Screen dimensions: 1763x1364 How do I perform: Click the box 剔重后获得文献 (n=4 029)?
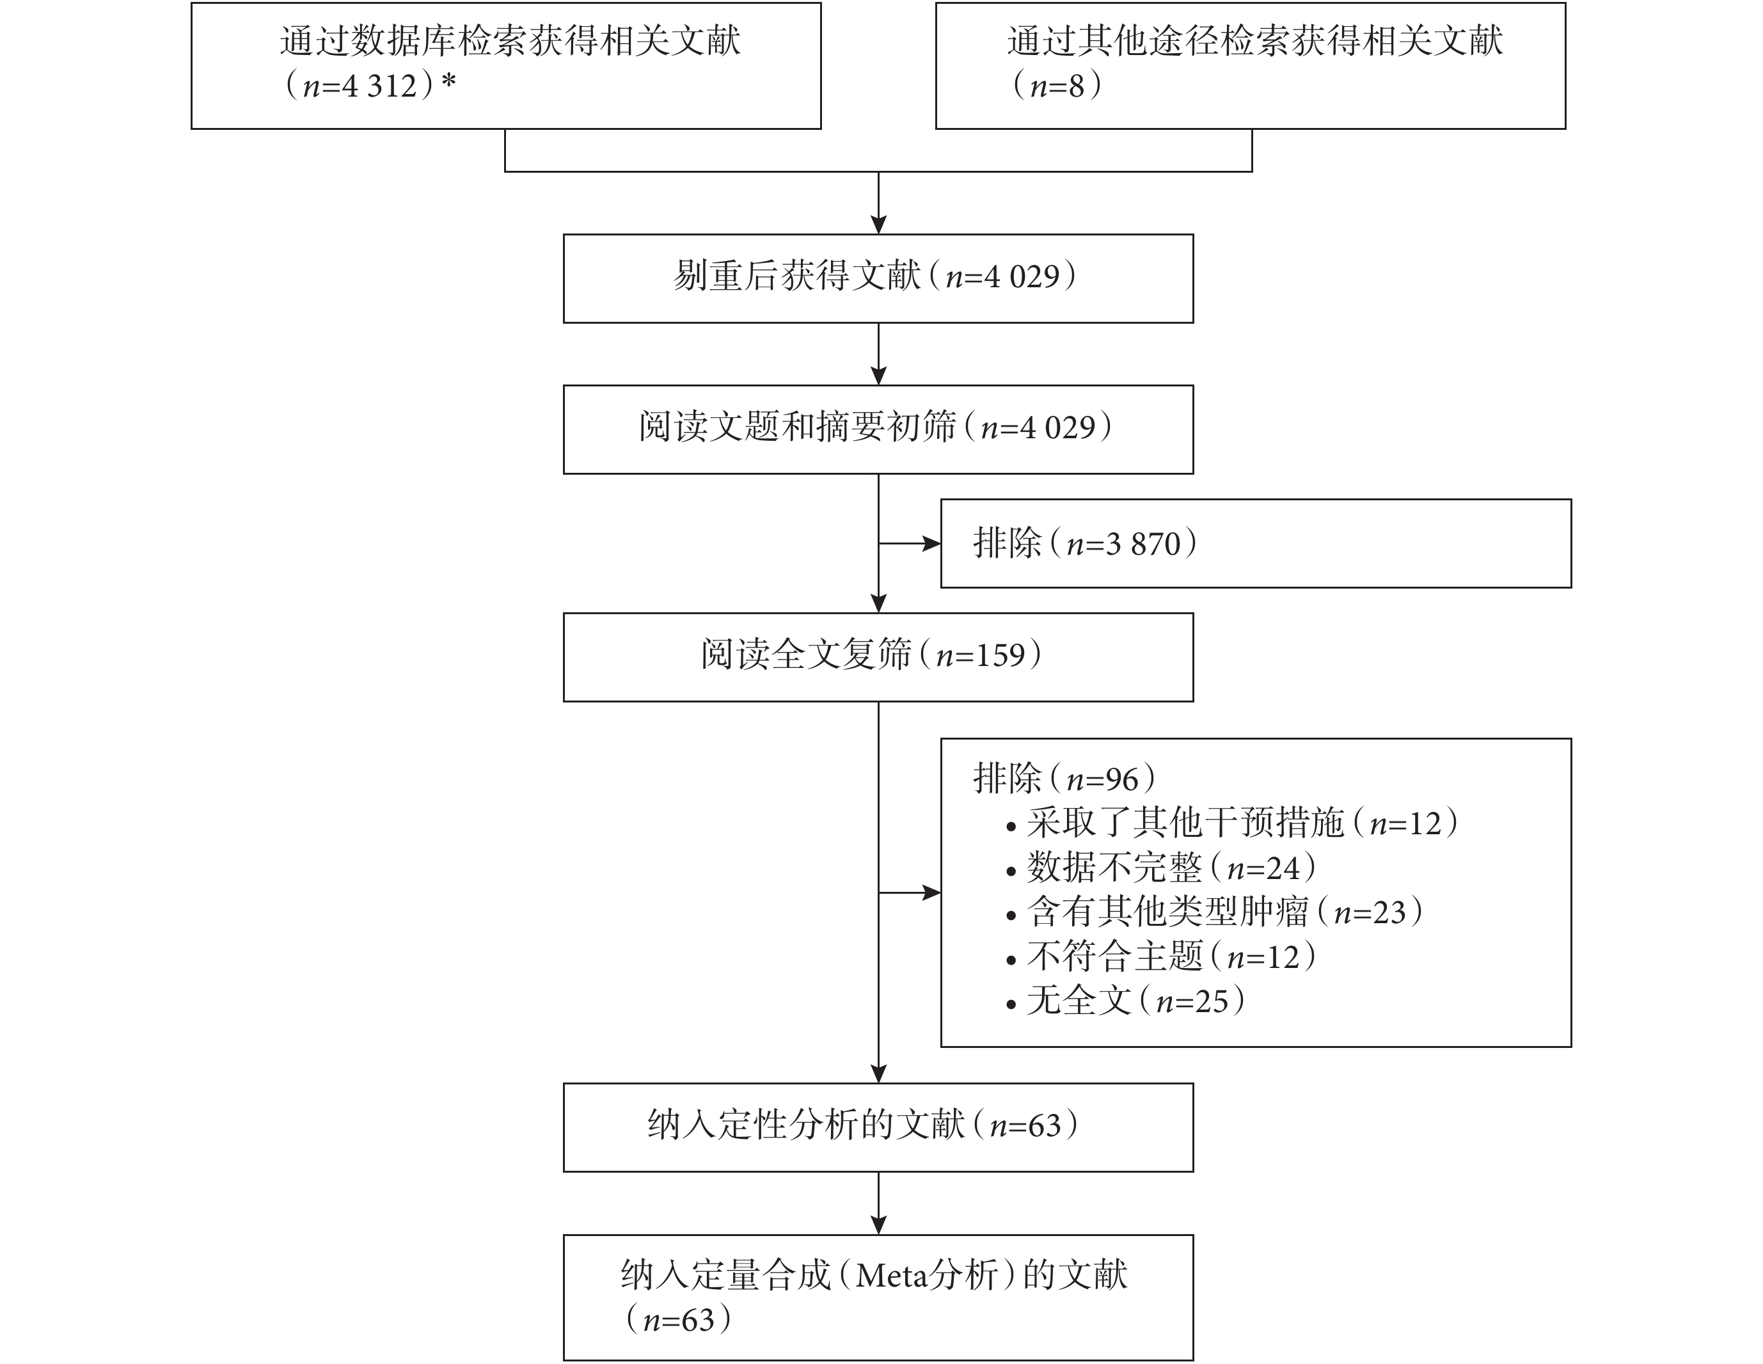(x=878, y=278)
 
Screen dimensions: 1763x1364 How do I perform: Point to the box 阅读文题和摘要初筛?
(x=878, y=429)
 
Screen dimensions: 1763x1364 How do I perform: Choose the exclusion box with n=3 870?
(x=1256, y=543)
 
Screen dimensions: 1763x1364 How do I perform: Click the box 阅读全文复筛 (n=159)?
(x=878, y=657)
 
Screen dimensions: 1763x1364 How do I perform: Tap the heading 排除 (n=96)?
(x=1064, y=779)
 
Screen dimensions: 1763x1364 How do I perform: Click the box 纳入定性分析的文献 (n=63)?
(x=878, y=1127)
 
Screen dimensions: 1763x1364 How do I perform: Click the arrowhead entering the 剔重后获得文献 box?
(x=878, y=225)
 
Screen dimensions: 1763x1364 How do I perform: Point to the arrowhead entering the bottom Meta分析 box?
(x=878, y=1225)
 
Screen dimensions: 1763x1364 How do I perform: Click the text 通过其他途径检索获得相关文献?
(x=1255, y=41)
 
